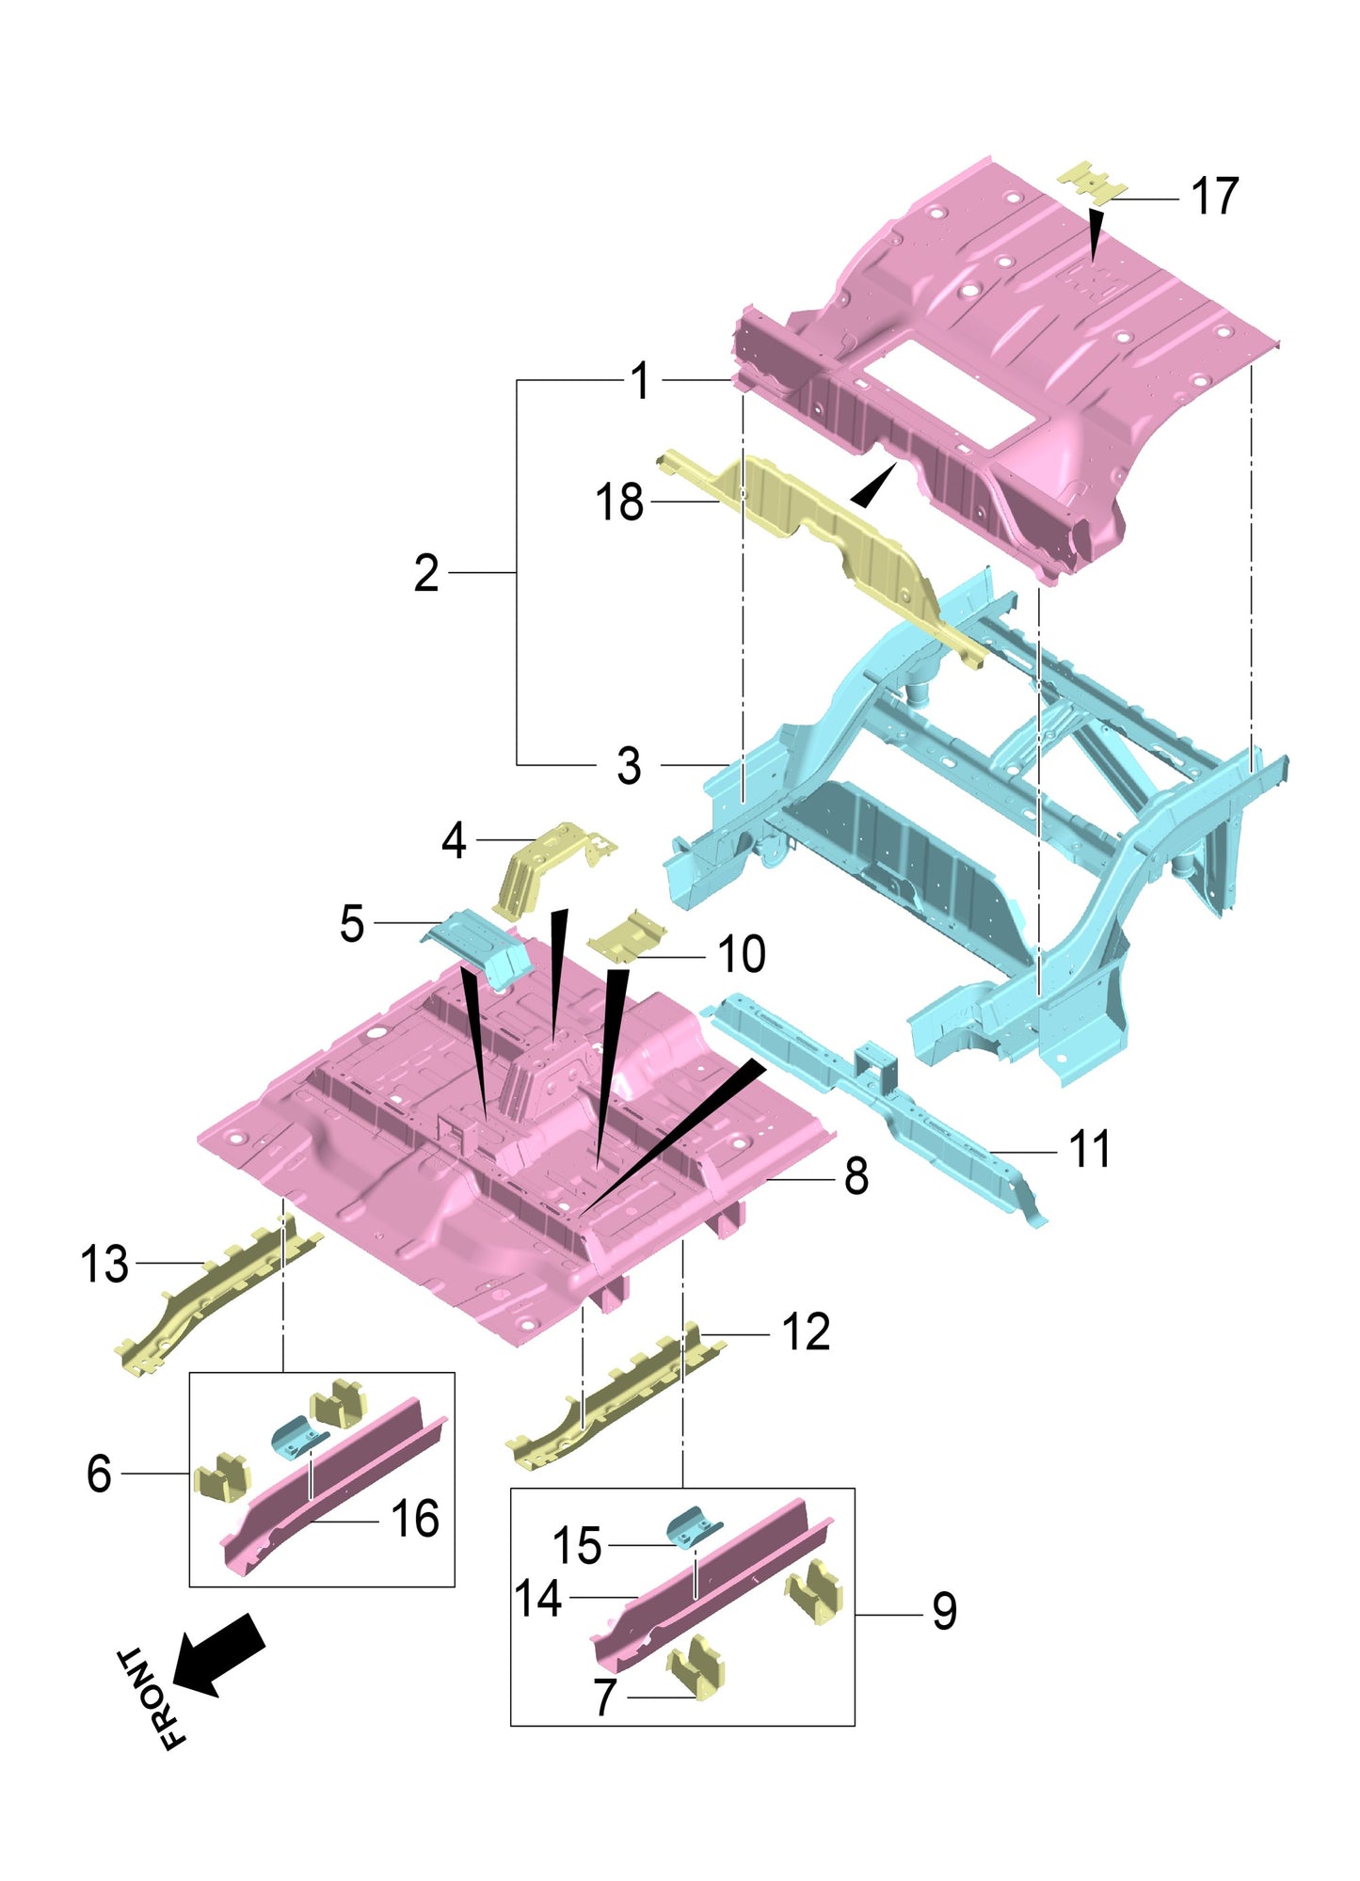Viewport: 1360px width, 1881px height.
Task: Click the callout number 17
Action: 1214,198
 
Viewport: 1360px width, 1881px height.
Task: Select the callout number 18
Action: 619,502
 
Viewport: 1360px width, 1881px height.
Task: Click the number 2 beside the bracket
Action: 426,573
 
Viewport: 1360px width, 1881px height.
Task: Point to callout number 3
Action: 629,766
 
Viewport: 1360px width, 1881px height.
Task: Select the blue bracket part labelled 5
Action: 480,946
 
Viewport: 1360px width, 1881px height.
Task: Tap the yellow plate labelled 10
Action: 626,937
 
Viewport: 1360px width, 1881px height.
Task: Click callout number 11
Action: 1090,1150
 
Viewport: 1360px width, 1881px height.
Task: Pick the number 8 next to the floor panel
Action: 856,1177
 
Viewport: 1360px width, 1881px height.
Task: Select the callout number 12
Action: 806,1332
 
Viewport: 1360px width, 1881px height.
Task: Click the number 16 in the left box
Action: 415,1520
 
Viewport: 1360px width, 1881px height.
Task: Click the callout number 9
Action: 944,1612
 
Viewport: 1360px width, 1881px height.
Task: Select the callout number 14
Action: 538,1599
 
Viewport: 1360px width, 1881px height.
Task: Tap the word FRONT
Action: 151,1698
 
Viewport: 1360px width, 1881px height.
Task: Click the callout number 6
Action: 99,1474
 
